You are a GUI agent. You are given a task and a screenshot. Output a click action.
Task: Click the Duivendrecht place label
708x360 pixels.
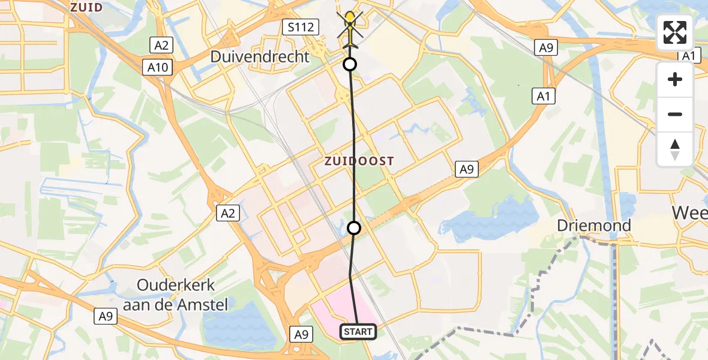click(260, 57)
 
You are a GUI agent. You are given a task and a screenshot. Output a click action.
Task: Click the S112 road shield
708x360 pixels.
click(298, 26)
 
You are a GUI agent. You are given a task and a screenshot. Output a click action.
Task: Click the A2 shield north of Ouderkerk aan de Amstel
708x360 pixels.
click(229, 212)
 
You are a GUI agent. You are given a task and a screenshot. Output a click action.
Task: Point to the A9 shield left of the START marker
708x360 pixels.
click(301, 334)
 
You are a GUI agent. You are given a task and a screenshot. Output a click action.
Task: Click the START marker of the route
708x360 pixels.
click(359, 331)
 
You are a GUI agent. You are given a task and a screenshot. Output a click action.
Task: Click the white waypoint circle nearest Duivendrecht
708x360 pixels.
click(349, 64)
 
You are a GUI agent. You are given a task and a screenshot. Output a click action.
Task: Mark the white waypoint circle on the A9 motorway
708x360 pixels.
click(354, 228)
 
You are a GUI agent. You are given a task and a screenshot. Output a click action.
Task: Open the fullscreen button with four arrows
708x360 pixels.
click(675, 32)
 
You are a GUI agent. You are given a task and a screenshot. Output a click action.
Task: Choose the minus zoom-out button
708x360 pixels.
click(675, 114)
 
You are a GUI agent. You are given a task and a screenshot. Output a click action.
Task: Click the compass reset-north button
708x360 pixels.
click(675, 148)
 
